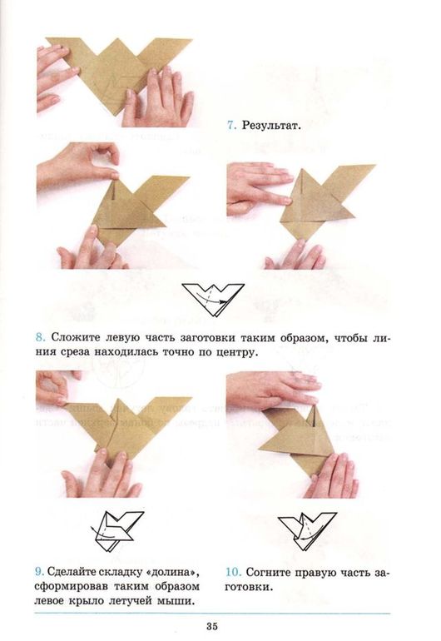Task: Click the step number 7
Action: click(x=230, y=127)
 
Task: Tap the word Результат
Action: click(x=270, y=127)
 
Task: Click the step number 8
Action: click(x=39, y=337)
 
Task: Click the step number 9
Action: click(x=39, y=572)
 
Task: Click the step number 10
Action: click(x=234, y=572)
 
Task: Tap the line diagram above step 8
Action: click(x=213, y=298)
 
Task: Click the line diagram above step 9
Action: click(x=117, y=526)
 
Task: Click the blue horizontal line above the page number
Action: click(x=220, y=613)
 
